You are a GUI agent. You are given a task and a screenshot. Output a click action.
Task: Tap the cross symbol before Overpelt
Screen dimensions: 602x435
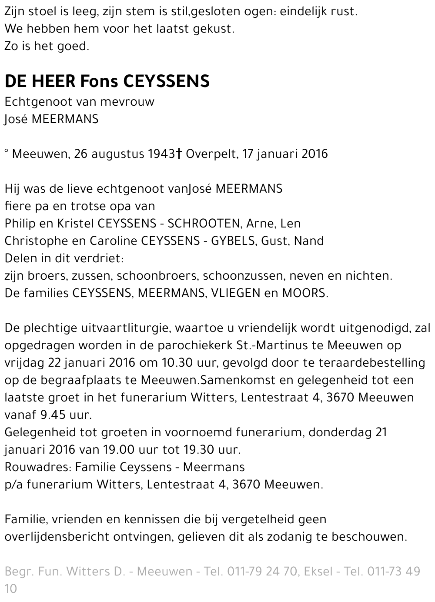tap(178, 154)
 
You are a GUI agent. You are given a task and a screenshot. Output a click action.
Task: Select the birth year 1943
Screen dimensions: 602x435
tap(161, 154)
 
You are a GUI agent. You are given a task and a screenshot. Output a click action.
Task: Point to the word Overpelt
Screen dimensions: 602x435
tap(211, 154)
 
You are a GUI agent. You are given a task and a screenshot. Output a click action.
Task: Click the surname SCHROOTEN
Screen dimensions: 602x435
tap(204, 224)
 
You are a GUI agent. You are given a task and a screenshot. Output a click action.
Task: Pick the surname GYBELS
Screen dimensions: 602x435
tap(232, 241)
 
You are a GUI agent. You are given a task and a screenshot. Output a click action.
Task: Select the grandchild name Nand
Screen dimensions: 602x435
tap(309, 241)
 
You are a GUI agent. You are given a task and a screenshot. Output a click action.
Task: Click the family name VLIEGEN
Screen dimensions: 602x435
tap(236, 293)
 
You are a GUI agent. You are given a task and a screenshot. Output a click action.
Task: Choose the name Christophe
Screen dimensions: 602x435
tap(37, 241)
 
